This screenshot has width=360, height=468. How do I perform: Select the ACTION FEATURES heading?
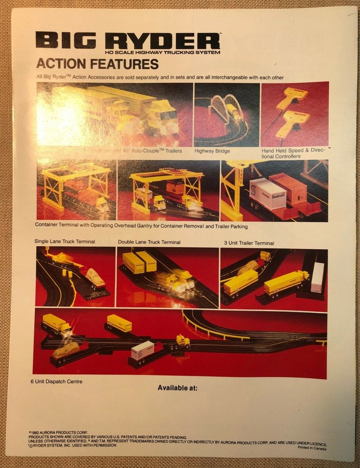[x=97, y=64]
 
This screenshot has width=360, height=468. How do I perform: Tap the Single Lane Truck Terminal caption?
[x=64, y=241]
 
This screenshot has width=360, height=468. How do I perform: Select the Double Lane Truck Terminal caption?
[x=149, y=242]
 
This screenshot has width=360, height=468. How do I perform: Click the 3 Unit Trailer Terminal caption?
[x=249, y=243]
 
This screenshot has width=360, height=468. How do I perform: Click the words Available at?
[x=178, y=388]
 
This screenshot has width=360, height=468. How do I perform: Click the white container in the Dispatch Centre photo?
[x=142, y=350]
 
